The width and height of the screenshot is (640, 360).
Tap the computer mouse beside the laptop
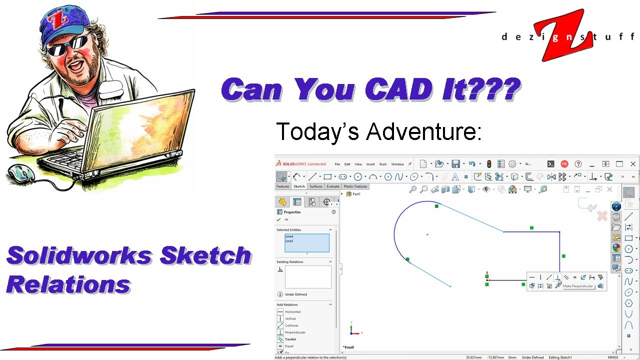21,173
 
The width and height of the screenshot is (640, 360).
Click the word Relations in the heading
68,285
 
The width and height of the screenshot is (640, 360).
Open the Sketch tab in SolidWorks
299,186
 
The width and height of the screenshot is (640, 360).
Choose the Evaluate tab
333,186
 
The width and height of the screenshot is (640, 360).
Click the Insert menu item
370,164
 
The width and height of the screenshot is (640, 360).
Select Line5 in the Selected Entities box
289,241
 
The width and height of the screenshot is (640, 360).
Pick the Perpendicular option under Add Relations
295,332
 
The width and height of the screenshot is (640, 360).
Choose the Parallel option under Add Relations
290,339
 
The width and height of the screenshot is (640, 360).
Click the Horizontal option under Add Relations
292,312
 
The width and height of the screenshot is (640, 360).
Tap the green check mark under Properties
278,219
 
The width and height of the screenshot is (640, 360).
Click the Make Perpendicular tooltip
577,286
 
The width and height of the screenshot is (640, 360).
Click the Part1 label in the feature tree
356,194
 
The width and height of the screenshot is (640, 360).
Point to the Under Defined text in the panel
295,294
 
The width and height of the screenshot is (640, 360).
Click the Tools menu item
383,164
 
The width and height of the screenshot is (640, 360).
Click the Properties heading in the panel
292,212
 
